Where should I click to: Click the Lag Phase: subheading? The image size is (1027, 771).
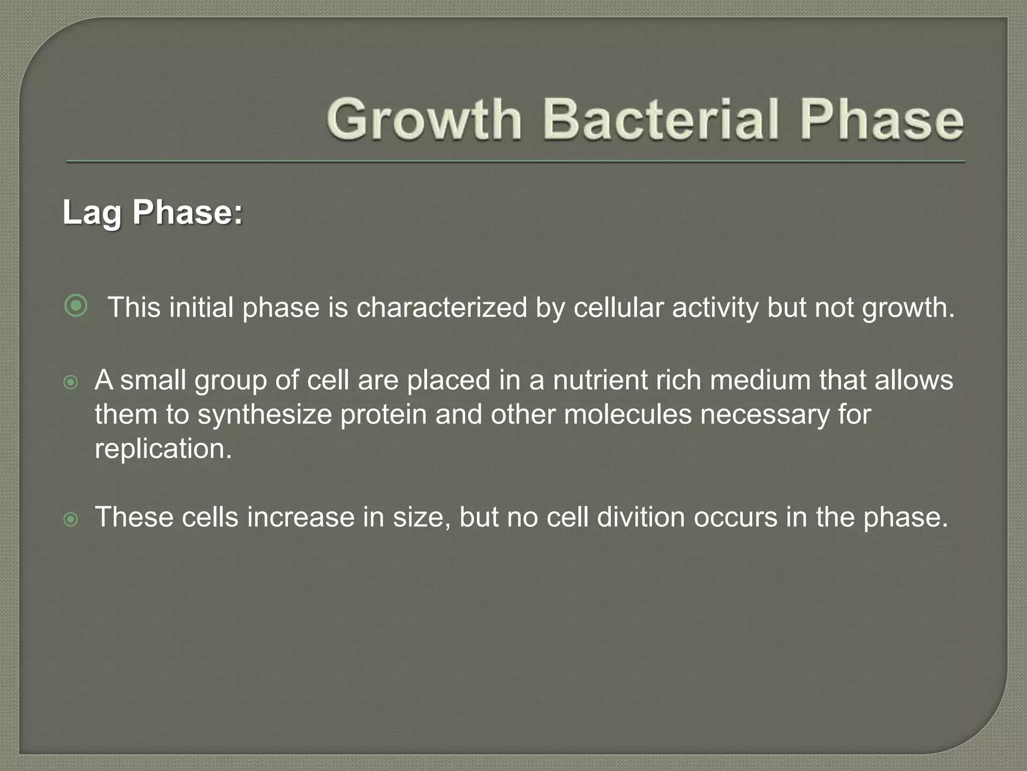tap(152, 213)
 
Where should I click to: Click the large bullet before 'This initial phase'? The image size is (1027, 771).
tap(76, 306)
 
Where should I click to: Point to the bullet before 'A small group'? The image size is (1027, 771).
tap(71, 383)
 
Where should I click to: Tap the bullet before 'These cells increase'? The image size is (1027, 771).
tap(71, 520)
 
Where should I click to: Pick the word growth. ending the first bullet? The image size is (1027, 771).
tap(908, 308)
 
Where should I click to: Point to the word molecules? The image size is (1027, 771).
tap(628, 415)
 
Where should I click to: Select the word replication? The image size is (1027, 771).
tap(163, 449)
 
